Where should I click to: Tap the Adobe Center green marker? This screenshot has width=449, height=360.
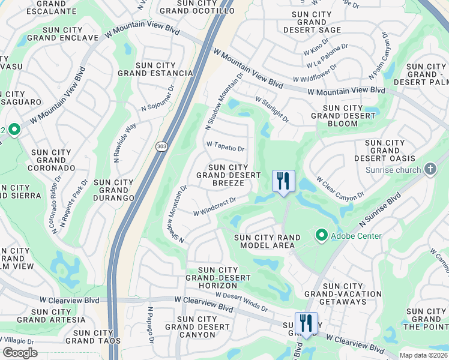322,235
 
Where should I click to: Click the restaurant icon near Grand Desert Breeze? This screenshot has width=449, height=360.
283,180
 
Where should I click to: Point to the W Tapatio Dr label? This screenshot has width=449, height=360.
226,147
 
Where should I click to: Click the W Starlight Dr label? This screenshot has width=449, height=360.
272,110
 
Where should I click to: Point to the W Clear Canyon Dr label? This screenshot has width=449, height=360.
340,188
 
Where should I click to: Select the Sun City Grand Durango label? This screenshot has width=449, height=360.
114,190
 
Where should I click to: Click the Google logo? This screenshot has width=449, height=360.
20,353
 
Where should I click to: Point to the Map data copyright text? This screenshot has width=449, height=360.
424,355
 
